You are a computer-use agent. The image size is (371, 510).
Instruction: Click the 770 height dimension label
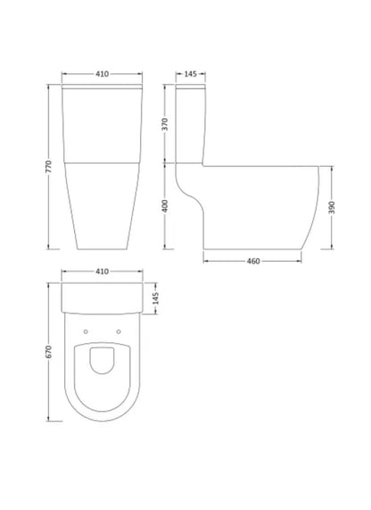[48, 166]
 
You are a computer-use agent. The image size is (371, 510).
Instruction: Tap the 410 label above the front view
[102, 74]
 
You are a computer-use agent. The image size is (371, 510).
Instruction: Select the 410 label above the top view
[102, 272]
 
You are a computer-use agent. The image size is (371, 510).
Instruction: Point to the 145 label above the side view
[190, 74]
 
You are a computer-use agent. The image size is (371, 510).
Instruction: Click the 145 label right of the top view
[155, 298]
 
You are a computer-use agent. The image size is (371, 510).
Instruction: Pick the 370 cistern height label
[165, 124]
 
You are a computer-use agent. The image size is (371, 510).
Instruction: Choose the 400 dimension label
[165, 206]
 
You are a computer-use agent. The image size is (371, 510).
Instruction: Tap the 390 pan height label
[332, 207]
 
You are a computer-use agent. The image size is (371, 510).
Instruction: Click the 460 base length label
[253, 261]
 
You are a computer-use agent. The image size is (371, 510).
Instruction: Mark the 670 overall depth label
[48, 352]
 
